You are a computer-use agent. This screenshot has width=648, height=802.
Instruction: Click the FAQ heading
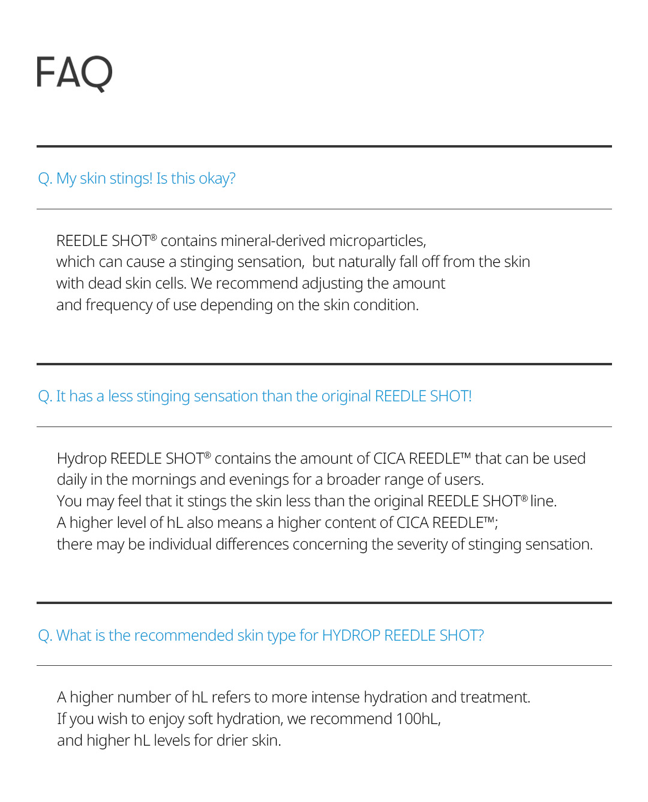click(x=74, y=73)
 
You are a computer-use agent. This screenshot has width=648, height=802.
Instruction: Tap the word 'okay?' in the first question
click(x=217, y=179)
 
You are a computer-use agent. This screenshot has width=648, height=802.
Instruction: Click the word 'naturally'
click(x=367, y=262)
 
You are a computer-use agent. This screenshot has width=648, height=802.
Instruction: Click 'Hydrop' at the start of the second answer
click(x=82, y=459)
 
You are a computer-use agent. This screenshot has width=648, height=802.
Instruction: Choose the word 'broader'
click(x=353, y=480)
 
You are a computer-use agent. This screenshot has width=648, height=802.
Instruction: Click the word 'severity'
click(x=422, y=545)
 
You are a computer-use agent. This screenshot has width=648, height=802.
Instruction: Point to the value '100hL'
click(x=418, y=719)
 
